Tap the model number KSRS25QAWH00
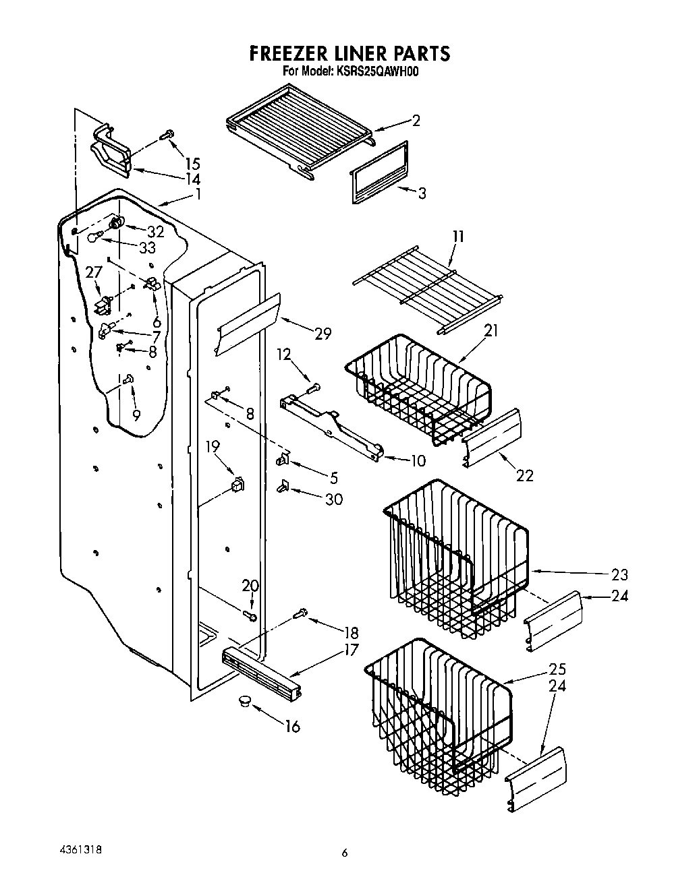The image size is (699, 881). [379, 71]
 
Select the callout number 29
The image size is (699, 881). [323, 333]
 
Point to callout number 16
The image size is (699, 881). [292, 727]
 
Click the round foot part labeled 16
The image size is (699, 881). [243, 702]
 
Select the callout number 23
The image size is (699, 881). [619, 574]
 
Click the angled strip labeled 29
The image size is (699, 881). [248, 323]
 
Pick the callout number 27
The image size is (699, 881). [93, 272]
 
